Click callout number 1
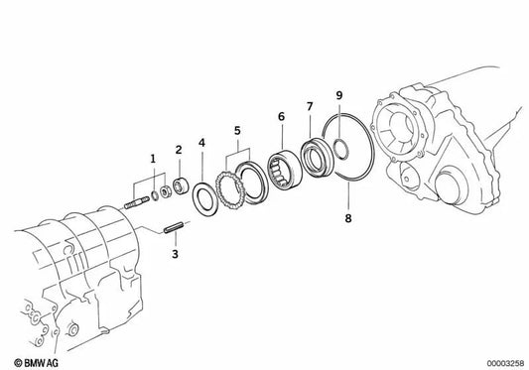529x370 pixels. tap(153, 159)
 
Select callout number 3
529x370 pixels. tap(175, 254)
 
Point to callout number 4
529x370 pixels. tap(202, 142)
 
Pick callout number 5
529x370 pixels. tap(237, 129)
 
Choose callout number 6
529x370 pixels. tap(282, 116)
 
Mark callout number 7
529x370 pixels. tap(310, 105)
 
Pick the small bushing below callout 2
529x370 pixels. tap(182, 185)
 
